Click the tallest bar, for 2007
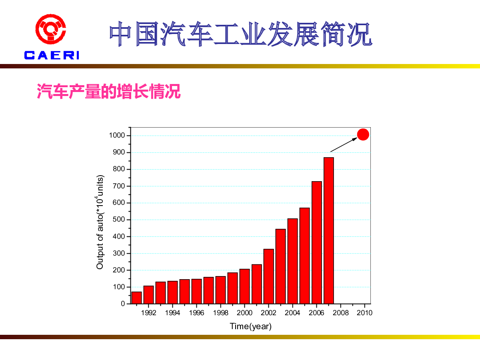[x=329, y=230]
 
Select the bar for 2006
[x=317, y=242]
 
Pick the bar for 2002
[x=269, y=276]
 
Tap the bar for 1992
[x=148, y=294]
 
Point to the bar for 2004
[x=293, y=261]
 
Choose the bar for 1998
[x=220, y=290]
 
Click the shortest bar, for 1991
[x=136, y=298]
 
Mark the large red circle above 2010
[x=363, y=135]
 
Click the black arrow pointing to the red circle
[x=344, y=145]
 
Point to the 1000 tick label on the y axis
[x=117, y=136]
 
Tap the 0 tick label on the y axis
[x=123, y=304]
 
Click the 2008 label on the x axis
[x=340, y=313]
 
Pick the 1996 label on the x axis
[x=196, y=313]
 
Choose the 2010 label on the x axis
[x=364, y=313]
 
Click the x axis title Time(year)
[x=250, y=326]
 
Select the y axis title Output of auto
[x=100, y=222]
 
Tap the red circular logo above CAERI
[x=51, y=30]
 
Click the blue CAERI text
[x=52, y=55]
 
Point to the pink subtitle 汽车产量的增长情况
[x=109, y=91]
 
